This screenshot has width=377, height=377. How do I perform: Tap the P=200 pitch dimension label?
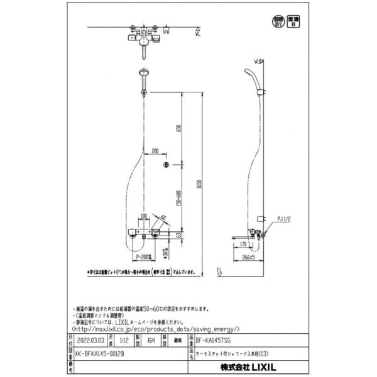[x=143, y=257]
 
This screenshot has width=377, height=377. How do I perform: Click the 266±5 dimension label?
[x=248, y=257]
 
